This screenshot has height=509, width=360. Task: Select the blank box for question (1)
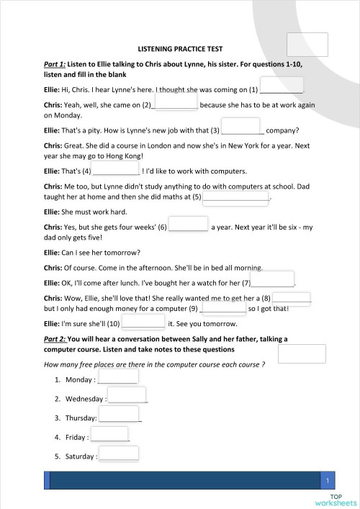tap(281, 90)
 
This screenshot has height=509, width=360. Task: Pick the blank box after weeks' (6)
tap(188, 225)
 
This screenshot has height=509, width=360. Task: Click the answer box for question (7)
tap(272, 280)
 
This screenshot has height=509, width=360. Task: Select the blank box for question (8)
tap(291, 297)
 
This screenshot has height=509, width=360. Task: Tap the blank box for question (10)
tap(143, 323)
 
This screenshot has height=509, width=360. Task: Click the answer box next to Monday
tap(117, 377)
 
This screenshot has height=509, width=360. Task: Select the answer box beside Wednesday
tap(127, 396)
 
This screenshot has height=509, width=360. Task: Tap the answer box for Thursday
tap(119, 415)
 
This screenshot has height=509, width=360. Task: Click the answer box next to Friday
tap(109, 434)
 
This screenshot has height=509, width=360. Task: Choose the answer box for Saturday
tap(118, 454)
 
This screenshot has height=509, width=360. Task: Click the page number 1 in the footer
tap(328, 481)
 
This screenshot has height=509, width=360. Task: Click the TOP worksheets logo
tap(336, 500)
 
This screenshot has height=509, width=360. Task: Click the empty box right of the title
tap(307, 45)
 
